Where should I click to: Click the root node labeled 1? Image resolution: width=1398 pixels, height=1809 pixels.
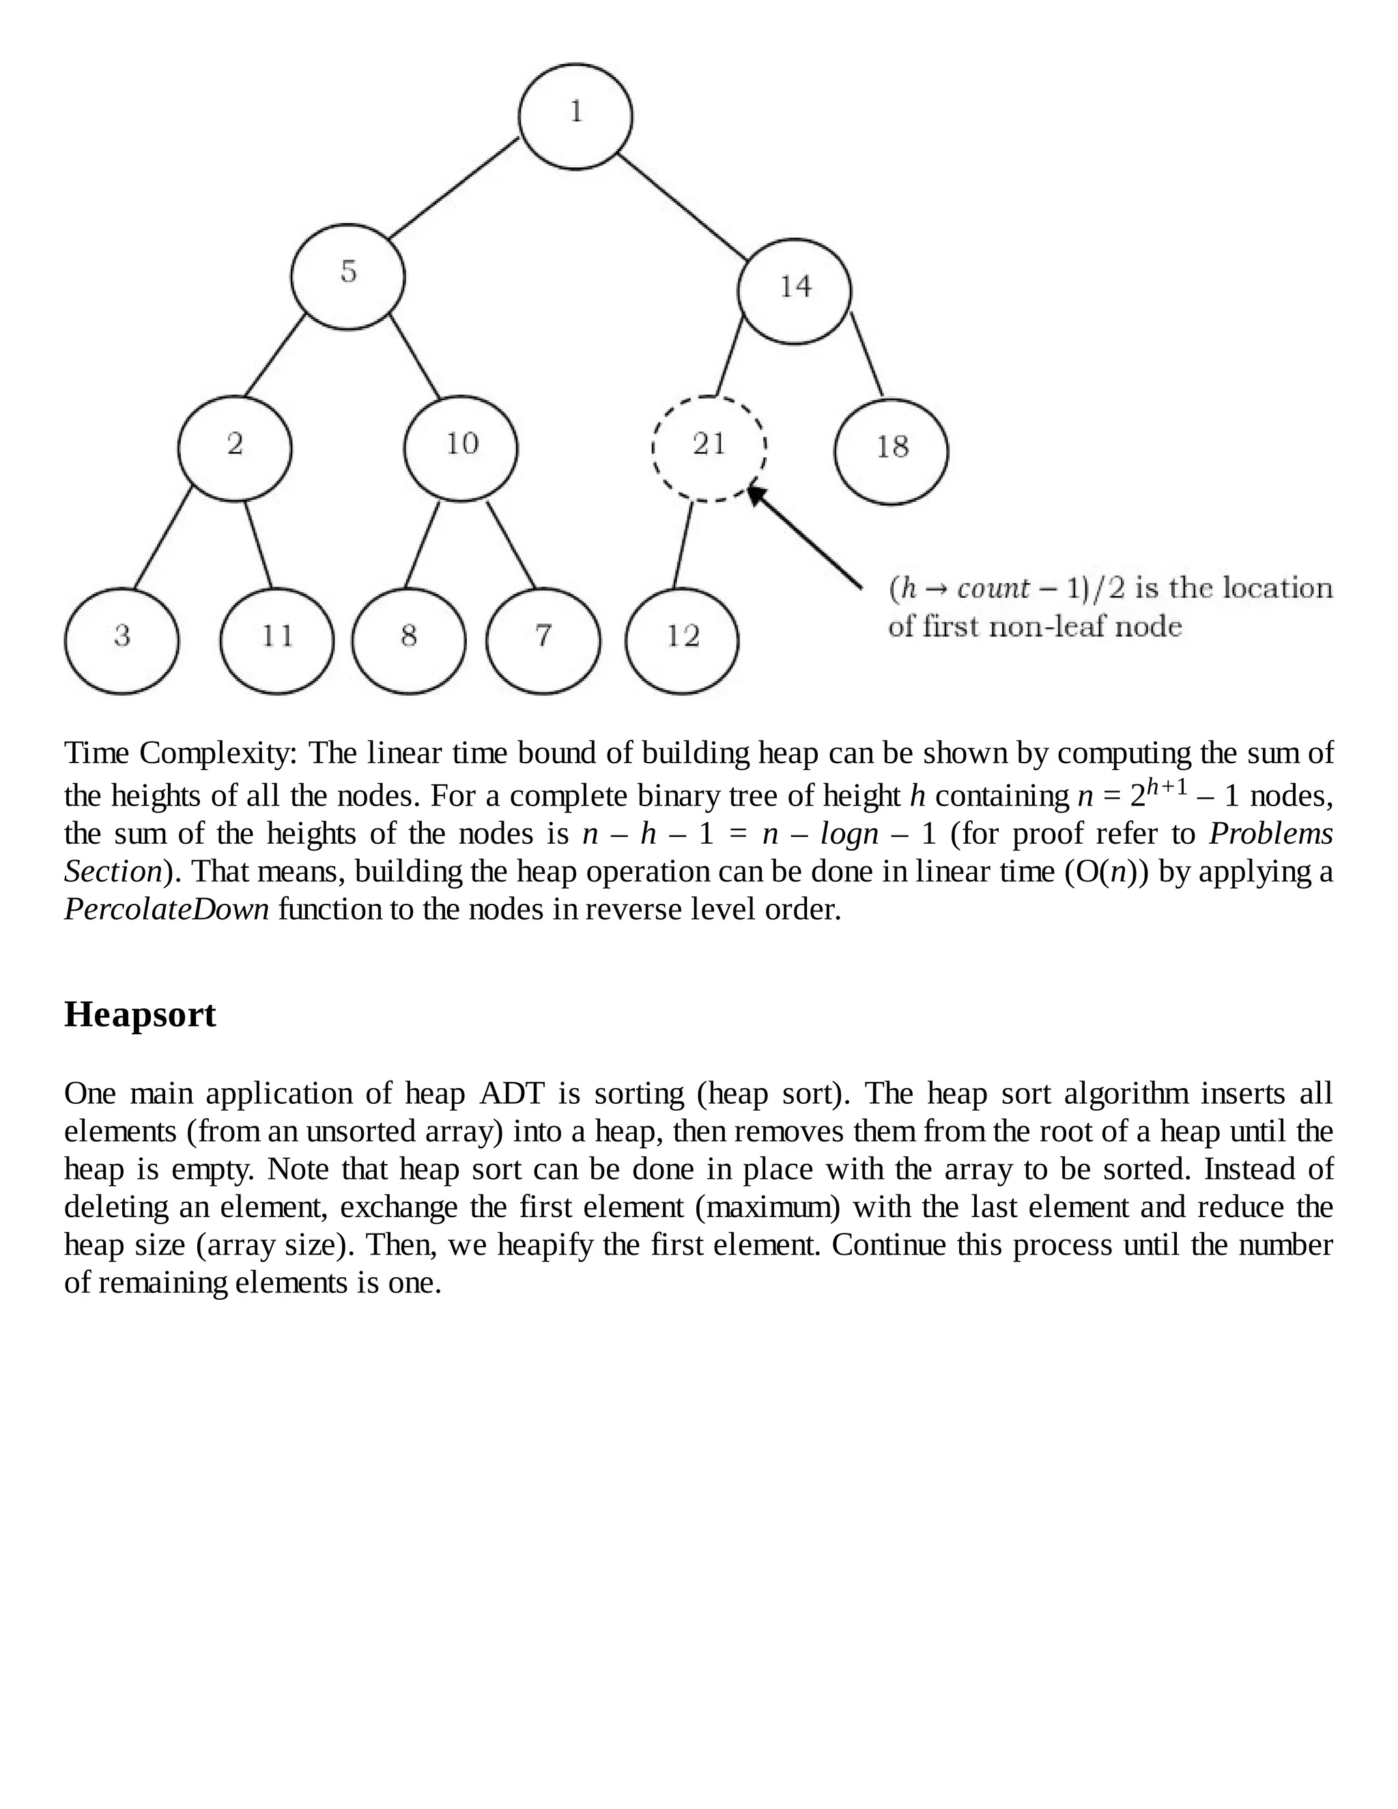575,116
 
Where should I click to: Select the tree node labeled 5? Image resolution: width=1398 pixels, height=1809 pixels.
348,276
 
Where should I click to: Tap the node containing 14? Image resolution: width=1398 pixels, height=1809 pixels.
795,291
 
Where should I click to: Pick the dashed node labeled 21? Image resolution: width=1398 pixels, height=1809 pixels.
709,448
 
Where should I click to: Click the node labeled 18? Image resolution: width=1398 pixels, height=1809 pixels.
891,451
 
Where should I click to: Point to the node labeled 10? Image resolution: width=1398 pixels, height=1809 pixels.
461,448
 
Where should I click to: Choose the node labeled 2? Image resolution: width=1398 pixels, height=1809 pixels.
236,448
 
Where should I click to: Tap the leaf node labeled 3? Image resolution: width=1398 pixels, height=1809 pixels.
122,640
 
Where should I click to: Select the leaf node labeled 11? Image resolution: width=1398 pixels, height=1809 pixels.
276,640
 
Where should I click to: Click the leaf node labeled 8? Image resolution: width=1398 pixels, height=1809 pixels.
408,640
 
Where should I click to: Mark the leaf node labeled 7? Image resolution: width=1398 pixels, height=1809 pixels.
543,640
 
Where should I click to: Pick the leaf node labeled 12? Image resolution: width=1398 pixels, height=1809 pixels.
682,640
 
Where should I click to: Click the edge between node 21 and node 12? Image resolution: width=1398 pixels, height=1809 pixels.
683,545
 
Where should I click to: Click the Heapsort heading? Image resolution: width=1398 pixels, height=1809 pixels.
140,1014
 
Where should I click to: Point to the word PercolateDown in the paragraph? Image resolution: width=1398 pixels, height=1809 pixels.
167,909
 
